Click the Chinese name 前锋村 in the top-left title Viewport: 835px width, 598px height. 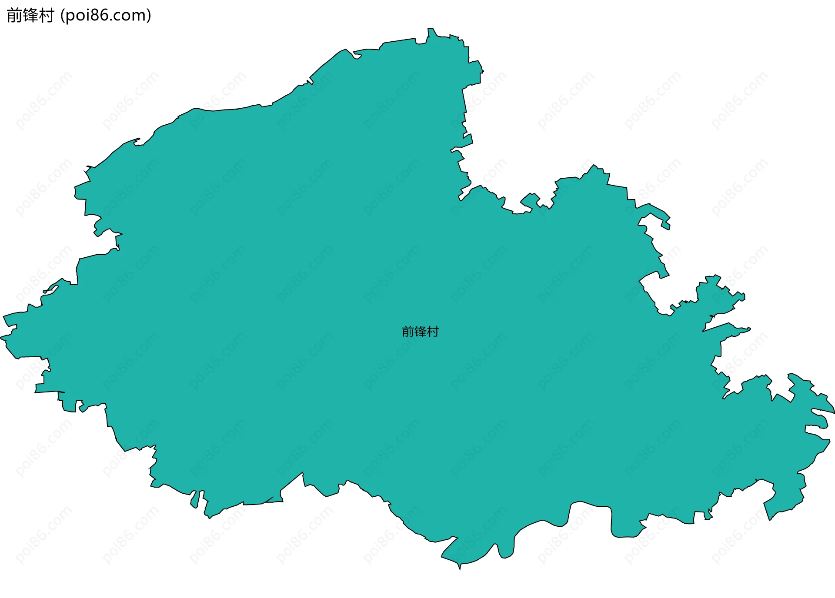pyautogui.click(x=30, y=16)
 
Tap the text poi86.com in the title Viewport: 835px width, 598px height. pyautogui.click(x=106, y=16)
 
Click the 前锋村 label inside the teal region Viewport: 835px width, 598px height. pyautogui.click(x=420, y=332)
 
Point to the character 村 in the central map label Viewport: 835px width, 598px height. pyautogui.click(x=433, y=332)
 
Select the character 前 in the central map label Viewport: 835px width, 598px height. pyautogui.click(x=408, y=332)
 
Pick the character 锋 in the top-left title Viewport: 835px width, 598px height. pyautogui.click(x=30, y=16)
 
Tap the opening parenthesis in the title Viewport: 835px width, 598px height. pyautogui.click(x=62, y=16)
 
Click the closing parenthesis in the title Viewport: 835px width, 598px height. pyautogui.click(x=149, y=16)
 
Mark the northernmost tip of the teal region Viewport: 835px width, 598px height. pyautogui.click(x=430, y=29)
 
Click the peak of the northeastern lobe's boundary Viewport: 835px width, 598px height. pyautogui.click(x=593, y=166)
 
